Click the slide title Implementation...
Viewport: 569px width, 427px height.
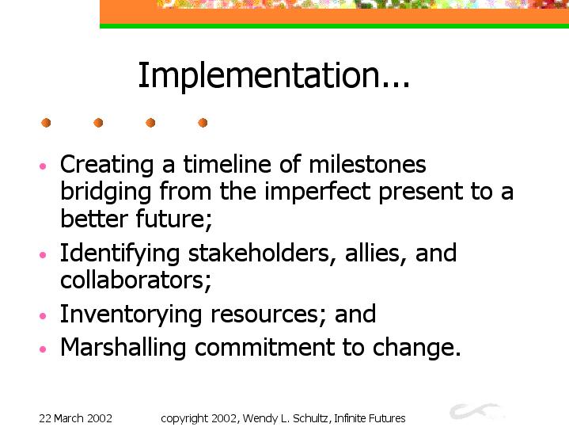pyautogui.click(x=274, y=75)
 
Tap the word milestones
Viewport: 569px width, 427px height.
pyautogui.click(x=367, y=164)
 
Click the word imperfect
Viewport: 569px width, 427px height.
pyautogui.click(x=317, y=192)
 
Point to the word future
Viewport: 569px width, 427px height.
pyautogui.click(x=174, y=219)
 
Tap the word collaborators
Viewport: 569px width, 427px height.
pyautogui.click(x=135, y=280)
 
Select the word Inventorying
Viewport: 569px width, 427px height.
pyautogui.click(x=131, y=315)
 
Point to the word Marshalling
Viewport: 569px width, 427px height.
pyautogui.click(x=123, y=348)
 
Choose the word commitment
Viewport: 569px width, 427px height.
pyautogui.click(x=264, y=348)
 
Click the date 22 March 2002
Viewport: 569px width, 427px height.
pyautogui.click(x=75, y=418)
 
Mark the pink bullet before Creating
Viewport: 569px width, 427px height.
pyautogui.click(x=43, y=166)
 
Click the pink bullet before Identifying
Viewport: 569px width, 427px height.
pyautogui.click(x=43, y=255)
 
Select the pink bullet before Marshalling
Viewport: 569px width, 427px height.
pyautogui.click(x=43, y=349)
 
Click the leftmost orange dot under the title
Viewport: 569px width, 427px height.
pyautogui.click(x=46, y=123)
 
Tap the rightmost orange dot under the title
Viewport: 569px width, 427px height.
pyautogui.click(x=203, y=123)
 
